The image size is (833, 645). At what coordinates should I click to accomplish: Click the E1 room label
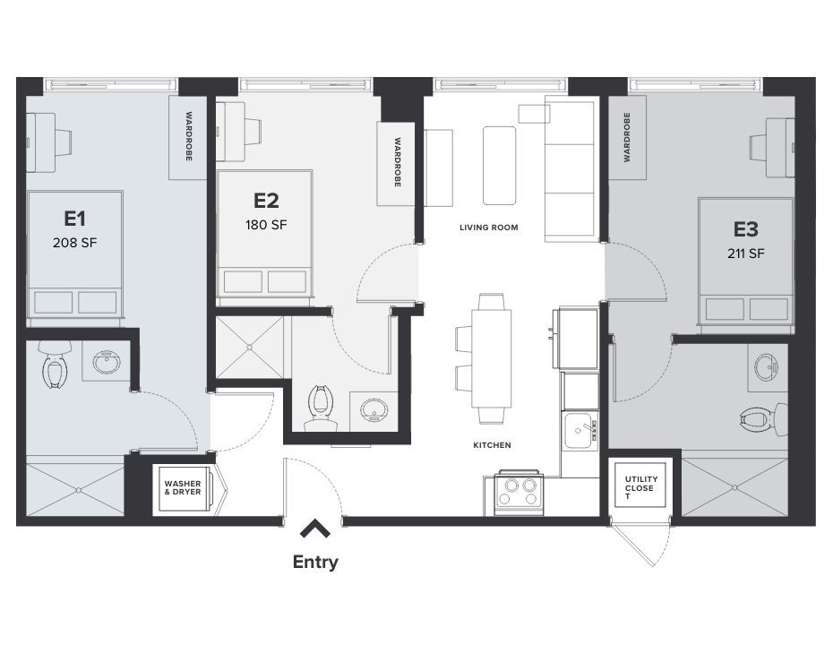(73, 218)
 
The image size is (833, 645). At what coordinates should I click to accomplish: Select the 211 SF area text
(745, 253)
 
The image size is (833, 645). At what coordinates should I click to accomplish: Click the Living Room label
(488, 228)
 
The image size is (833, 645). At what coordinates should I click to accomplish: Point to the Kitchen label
(492, 445)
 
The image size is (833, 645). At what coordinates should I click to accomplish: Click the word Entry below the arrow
(315, 563)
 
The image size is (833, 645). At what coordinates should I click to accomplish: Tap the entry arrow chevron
(315, 530)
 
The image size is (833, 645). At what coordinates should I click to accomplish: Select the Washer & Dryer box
(184, 489)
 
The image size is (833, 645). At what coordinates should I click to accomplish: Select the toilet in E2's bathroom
(318, 405)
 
